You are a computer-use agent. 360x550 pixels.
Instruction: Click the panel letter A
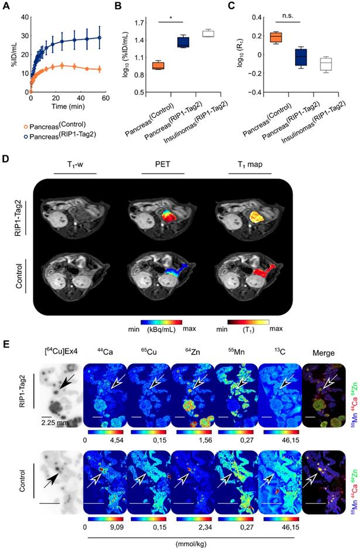coord(6,5)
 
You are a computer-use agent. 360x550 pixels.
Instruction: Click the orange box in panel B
coord(157,65)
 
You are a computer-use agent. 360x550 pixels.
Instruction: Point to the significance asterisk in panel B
coord(170,18)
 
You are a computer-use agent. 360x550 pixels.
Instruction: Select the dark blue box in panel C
coord(301,56)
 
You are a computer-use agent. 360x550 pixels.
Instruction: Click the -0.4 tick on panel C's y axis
coord(250,93)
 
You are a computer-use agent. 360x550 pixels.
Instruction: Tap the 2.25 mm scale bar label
coord(50,419)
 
